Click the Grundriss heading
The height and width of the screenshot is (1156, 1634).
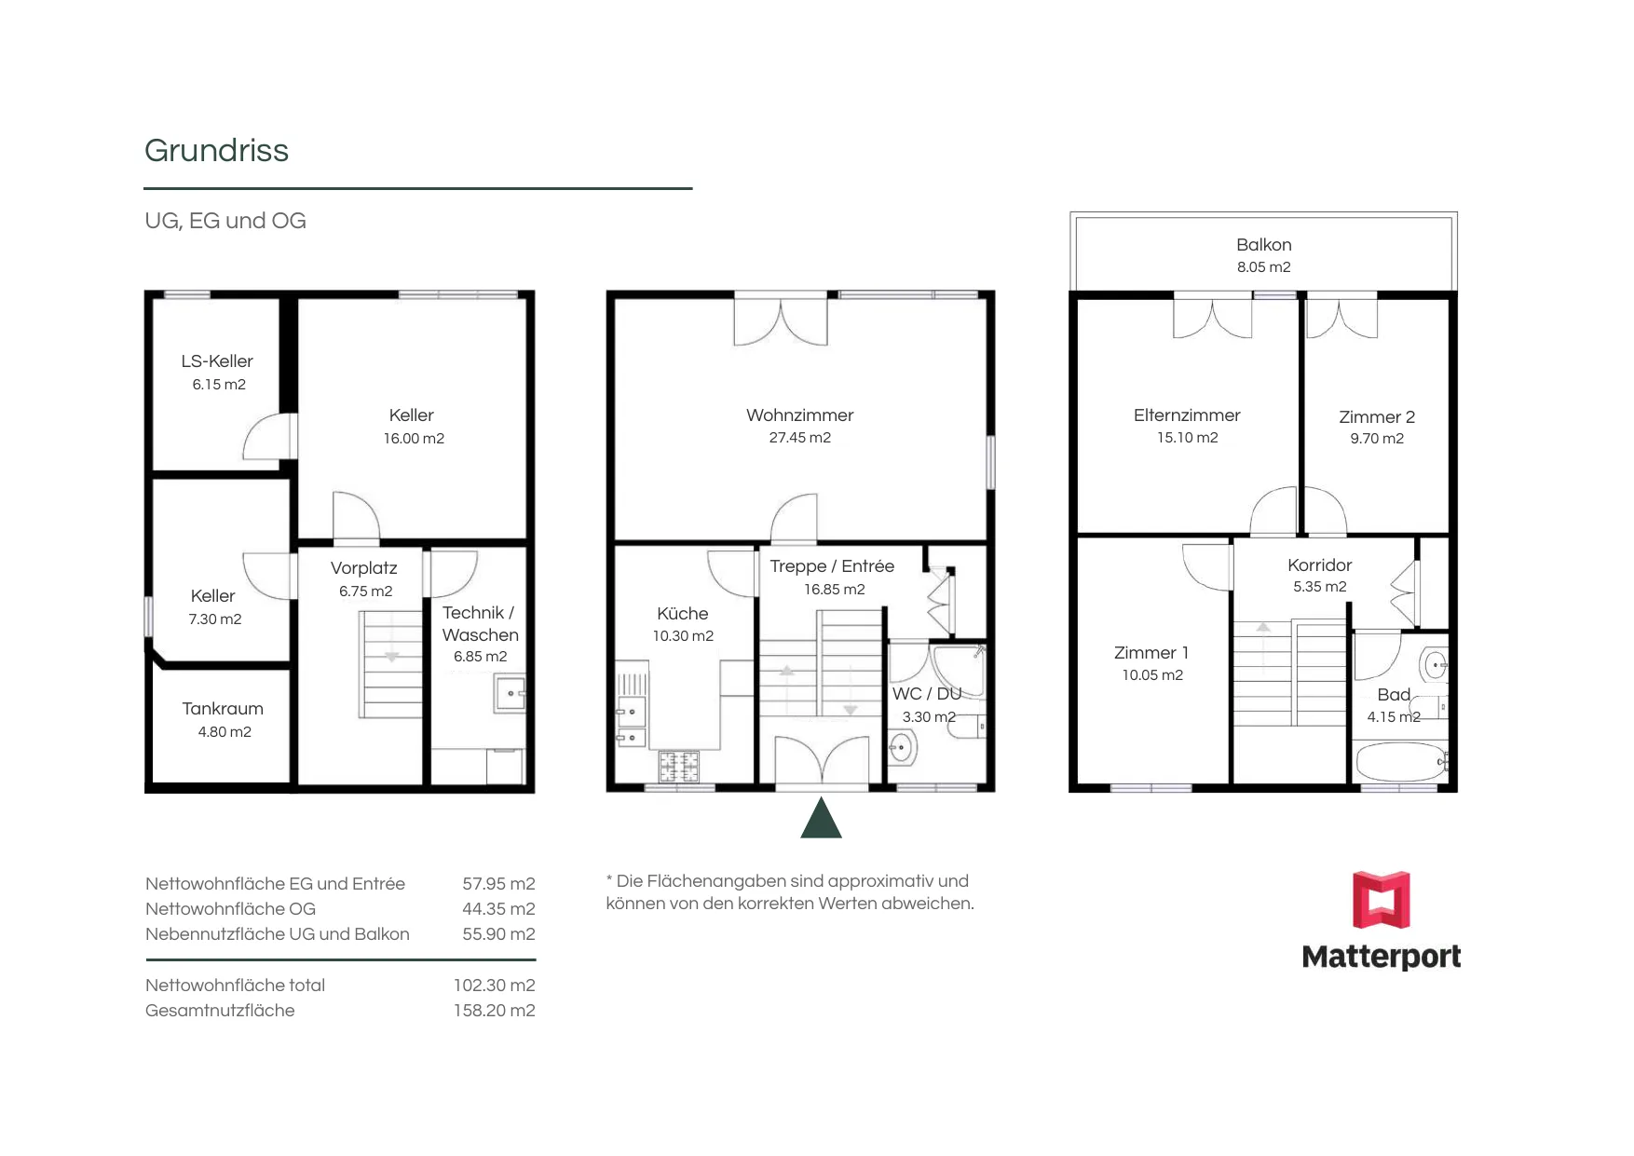pos(216,151)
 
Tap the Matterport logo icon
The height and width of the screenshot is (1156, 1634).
pos(1381,900)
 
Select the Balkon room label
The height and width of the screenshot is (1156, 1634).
pos(1263,245)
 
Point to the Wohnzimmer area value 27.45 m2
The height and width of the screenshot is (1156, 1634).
pos(799,438)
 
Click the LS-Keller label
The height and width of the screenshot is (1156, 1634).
pos(217,361)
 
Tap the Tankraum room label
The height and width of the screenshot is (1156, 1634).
pos(223,709)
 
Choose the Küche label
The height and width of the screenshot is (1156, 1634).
pos(682,614)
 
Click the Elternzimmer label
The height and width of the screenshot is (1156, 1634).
pos(1187,415)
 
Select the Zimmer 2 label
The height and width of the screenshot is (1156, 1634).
pos(1377,417)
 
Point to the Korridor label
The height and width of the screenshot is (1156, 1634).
pos(1319,565)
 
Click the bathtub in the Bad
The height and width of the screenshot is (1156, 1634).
pos(1401,762)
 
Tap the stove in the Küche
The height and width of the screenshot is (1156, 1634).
pos(679,767)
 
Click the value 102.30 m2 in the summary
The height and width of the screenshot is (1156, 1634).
pos(494,986)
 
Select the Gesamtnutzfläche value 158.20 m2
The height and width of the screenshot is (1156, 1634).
pos(494,1011)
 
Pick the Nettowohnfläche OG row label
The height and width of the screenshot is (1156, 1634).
pos(230,909)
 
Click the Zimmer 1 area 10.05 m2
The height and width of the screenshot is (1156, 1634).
pos(1152,675)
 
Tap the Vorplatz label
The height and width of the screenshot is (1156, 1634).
pos(363,568)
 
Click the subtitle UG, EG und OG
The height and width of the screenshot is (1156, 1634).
pos(225,221)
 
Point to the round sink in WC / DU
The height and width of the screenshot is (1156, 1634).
pos(902,747)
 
